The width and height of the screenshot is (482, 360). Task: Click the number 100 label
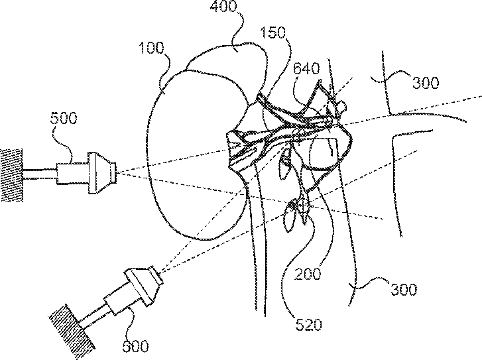pyautogui.click(x=152, y=49)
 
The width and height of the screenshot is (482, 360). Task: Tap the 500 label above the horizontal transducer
pyautogui.click(x=63, y=119)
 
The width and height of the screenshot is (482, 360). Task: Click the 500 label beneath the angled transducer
pyautogui.click(x=136, y=345)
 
